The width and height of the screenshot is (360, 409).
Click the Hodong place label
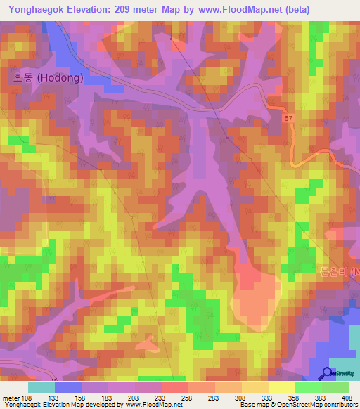click(x=47, y=79)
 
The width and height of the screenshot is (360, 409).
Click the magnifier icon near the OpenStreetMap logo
click(x=328, y=373)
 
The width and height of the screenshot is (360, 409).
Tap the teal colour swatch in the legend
click(x=41, y=387)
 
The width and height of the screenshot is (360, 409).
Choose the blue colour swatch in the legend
click(x=68, y=387)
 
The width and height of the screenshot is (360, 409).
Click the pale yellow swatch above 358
click(x=281, y=387)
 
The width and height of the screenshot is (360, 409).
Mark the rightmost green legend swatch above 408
click(x=335, y=387)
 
